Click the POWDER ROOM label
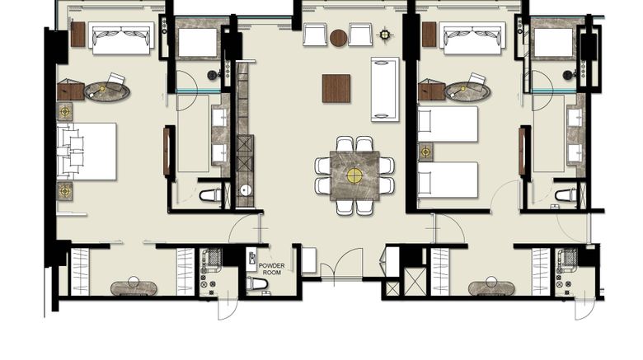pyautogui.click(x=271, y=269)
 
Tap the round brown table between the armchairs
pyautogui.click(x=339, y=38)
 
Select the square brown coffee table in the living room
pyautogui.click(x=336, y=88)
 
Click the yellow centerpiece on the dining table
pyautogui.click(x=354, y=175)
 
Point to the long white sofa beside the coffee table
pyautogui.click(x=385, y=90)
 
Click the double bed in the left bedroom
pyautogui.click(x=87, y=152)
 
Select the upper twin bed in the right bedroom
pyautogui.click(x=448, y=124)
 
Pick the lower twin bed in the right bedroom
pyautogui.click(x=448, y=180)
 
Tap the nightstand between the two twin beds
pyautogui.click(x=425, y=152)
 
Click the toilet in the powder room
pyautogui.click(x=257, y=283)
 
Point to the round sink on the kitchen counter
pyautogui.click(x=246, y=189)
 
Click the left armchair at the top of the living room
pyautogui.click(x=316, y=35)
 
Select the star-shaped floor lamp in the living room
pyautogui.click(x=385, y=35)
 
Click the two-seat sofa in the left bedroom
pyautogui.click(x=121, y=38)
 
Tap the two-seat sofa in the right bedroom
pyautogui.click(x=472, y=38)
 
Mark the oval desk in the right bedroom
pyautogui.click(x=467, y=91)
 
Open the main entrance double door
pyautogui.click(x=341, y=264)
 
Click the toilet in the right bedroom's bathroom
pyautogui.click(x=566, y=195)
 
